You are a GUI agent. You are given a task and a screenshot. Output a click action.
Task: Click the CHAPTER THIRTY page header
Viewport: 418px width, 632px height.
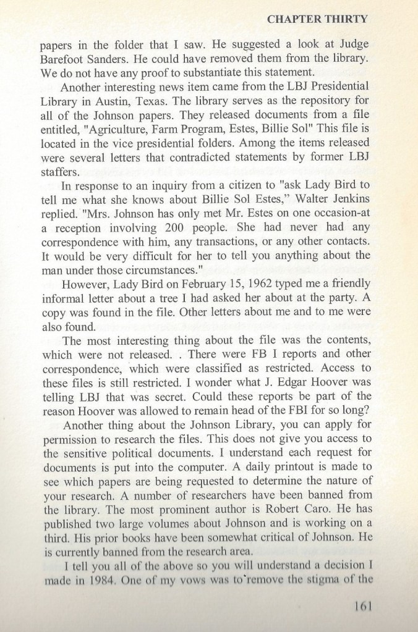317,19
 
